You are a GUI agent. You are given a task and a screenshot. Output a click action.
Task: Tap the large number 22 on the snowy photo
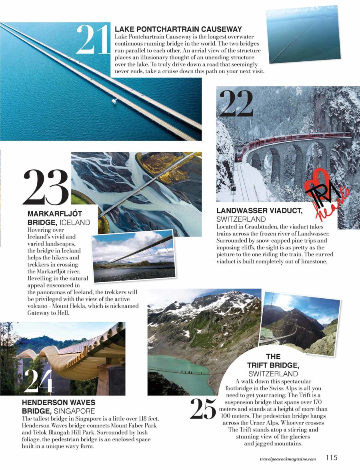[x=236, y=103]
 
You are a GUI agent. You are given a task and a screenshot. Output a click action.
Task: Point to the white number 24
[x=39, y=380]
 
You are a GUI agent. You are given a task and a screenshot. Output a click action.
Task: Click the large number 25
[x=204, y=409]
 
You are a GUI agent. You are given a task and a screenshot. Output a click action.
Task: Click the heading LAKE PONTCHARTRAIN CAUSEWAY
[x=178, y=29]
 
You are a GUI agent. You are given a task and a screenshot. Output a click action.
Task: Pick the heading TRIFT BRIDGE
[x=273, y=365]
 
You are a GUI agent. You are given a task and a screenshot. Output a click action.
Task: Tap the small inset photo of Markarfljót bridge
[x=133, y=256]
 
